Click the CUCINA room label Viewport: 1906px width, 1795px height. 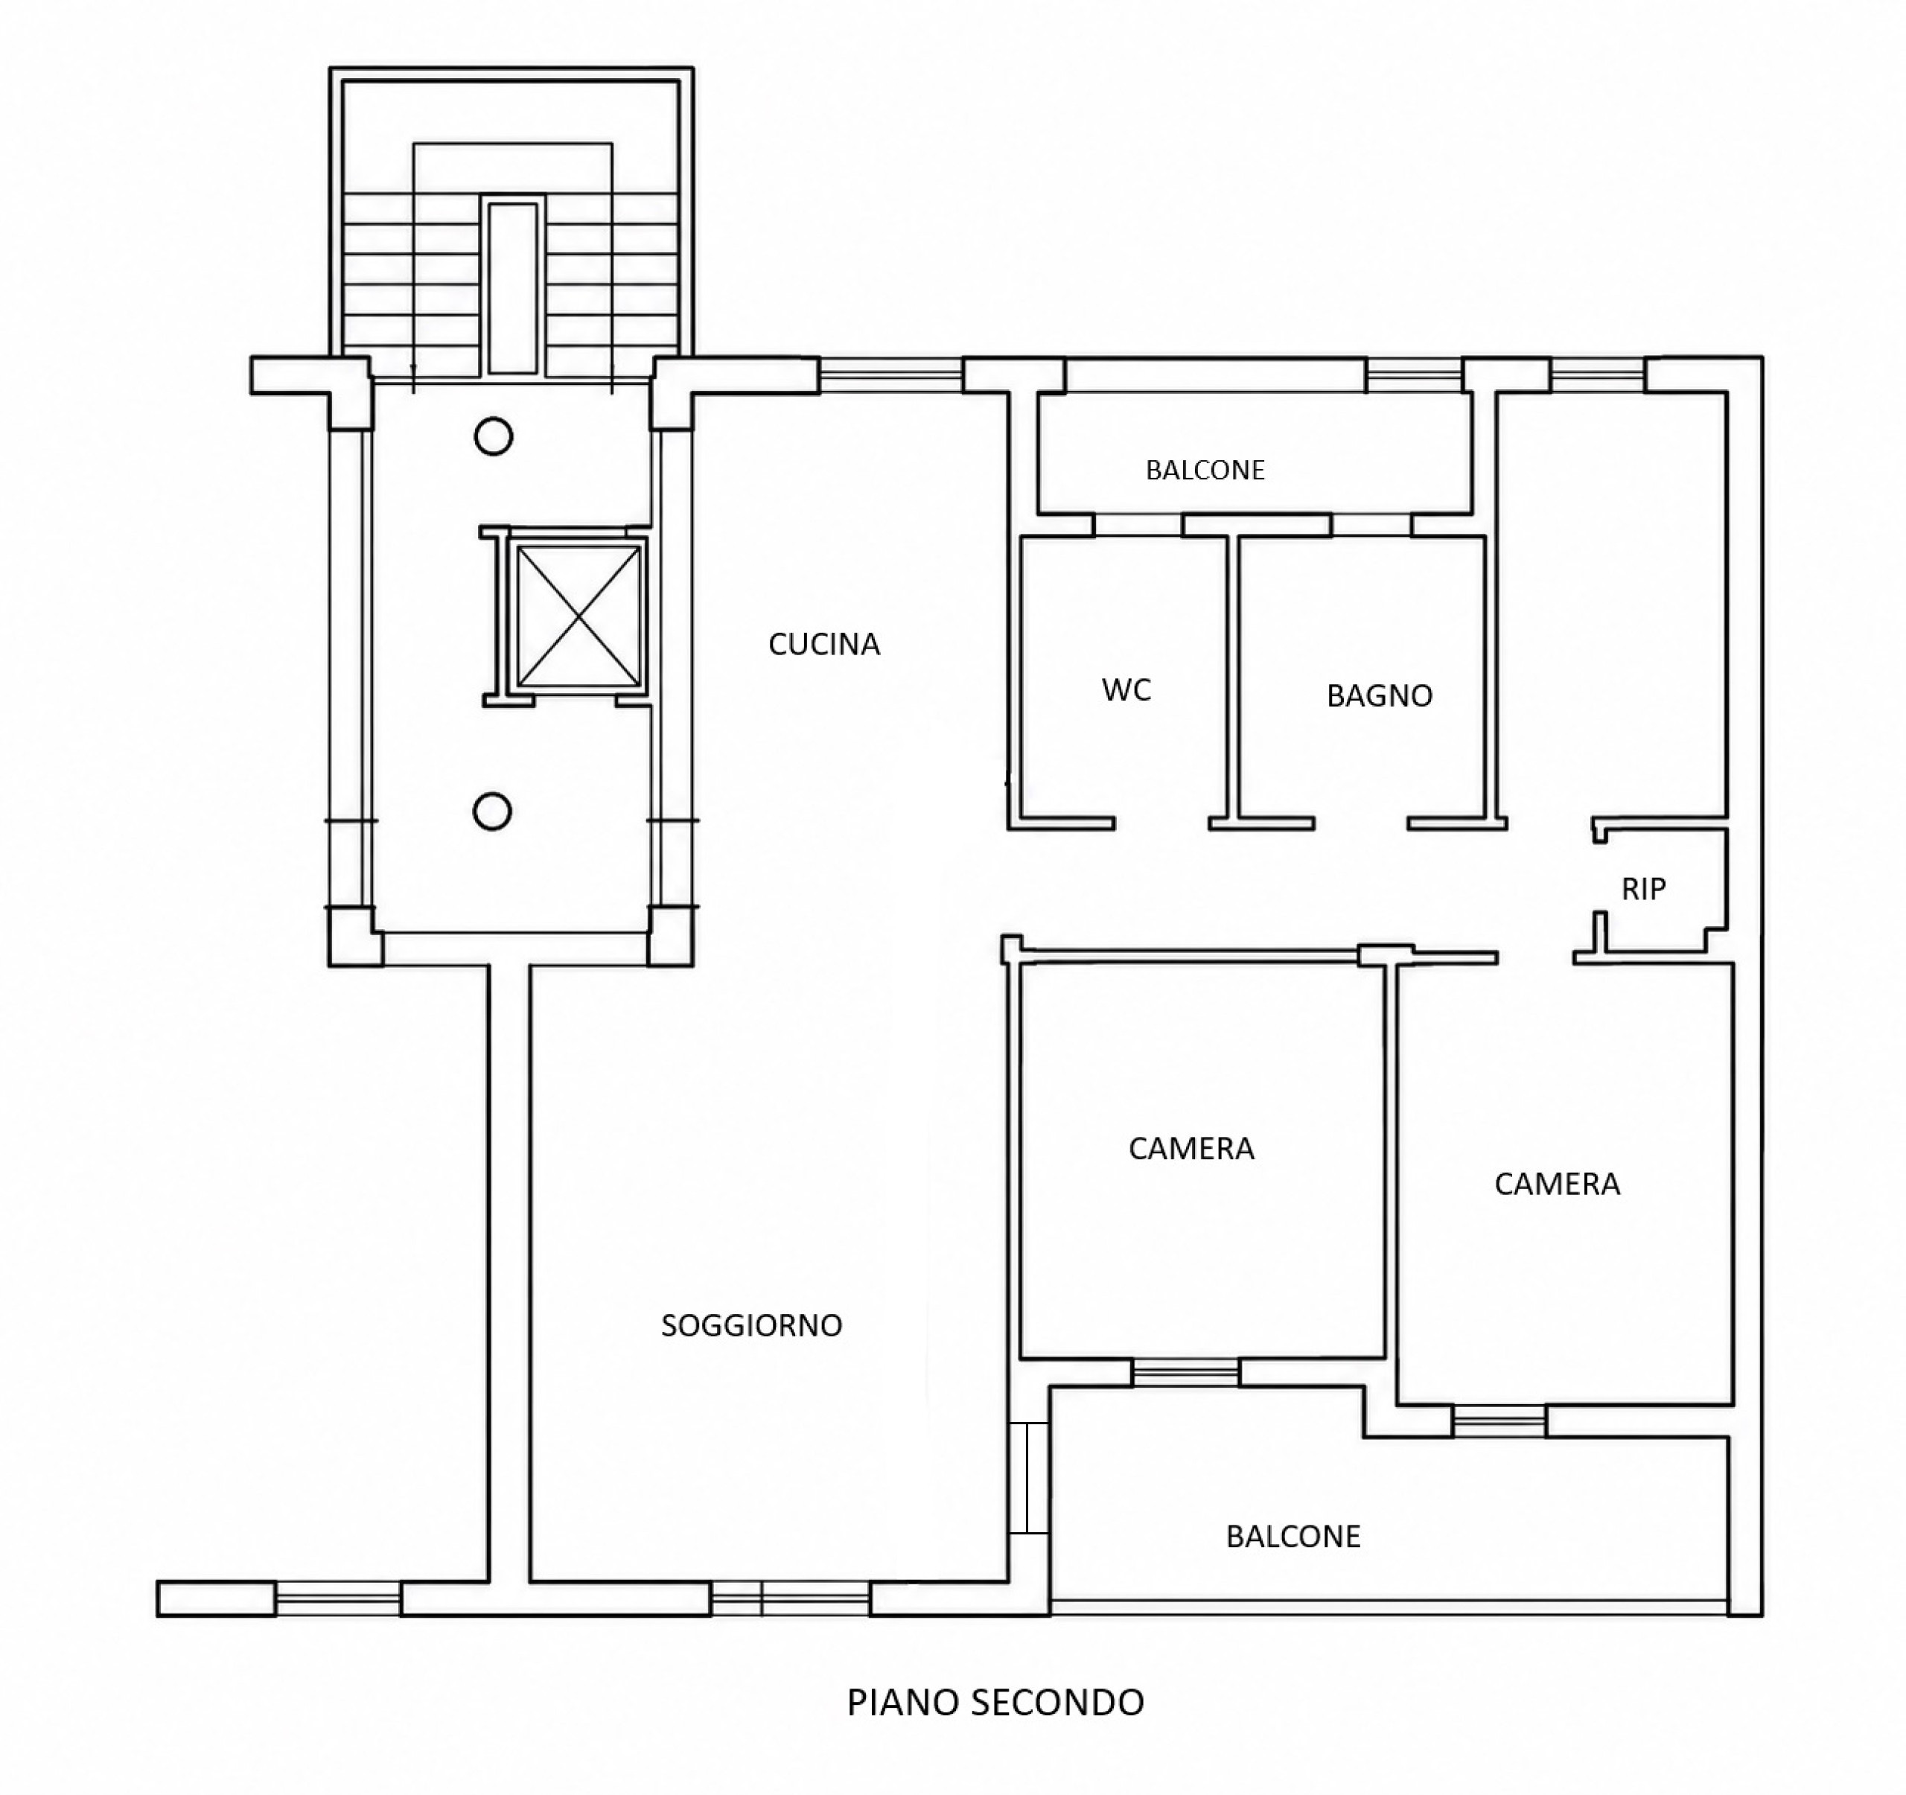click(823, 644)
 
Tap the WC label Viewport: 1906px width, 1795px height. click(1126, 689)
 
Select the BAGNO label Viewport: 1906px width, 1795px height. click(1380, 696)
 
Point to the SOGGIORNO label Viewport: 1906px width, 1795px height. click(752, 1325)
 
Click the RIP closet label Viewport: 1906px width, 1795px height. click(1643, 889)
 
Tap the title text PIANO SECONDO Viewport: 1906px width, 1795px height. click(995, 1702)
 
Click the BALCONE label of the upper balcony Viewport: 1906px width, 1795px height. click(1205, 470)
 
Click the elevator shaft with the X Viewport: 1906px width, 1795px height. click(578, 616)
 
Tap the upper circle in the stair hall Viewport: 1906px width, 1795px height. click(494, 437)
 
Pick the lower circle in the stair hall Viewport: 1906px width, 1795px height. click(492, 812)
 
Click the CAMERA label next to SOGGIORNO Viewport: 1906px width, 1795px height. click(1191, 1149)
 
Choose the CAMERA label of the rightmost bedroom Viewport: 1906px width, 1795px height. click(1557, 1185)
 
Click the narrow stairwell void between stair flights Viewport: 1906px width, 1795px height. click(513, 287)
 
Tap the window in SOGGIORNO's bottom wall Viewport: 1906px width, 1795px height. click(790, 1598)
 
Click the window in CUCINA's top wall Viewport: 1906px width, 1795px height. click(890, 375)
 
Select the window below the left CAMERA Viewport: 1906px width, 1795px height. click(1186, 1373)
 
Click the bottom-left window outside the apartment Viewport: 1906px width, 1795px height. click(337, 1598)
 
